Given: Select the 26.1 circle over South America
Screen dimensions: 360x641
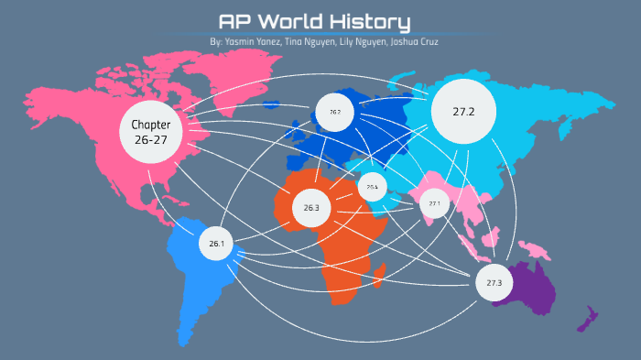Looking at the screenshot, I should (216, 244).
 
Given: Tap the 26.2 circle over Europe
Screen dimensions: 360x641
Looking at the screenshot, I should (334, 112).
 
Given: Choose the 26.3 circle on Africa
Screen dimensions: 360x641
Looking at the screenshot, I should (311, 208).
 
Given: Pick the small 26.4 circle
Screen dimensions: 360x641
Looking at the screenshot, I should (372, 186).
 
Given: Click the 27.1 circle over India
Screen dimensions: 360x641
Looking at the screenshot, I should (434, 203).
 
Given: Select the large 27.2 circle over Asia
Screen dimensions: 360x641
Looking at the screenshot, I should (462, 112).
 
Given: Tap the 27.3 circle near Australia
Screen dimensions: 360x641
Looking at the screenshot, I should (494, 282).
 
